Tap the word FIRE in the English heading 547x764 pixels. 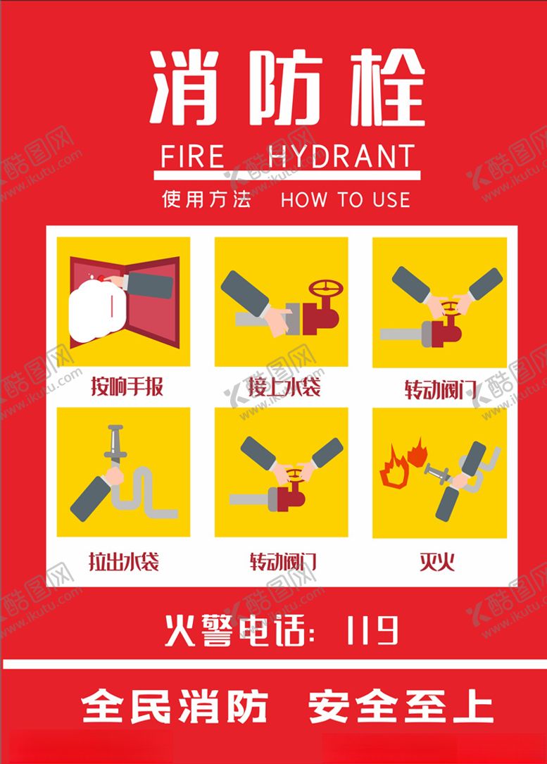coord(192,156)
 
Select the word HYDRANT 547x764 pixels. coord(342,156)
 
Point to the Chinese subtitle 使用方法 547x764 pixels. coord(206,199)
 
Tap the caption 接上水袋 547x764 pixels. coord(284,387)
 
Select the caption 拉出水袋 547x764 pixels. coord(123,561)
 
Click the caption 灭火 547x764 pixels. coord(438,561)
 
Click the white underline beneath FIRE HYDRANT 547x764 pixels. coord(287,175)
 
